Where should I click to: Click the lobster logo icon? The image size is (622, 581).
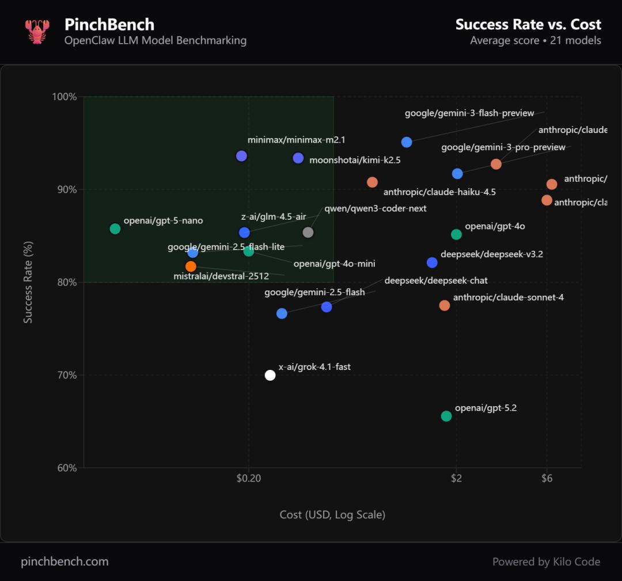click(37, 32)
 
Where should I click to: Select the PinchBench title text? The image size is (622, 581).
click(109, 25)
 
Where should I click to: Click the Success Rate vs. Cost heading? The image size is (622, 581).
click(528, 25)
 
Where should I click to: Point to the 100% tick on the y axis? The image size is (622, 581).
click(65, 97)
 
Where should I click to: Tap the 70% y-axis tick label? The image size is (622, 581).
click(66, 375)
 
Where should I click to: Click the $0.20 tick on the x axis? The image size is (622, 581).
click(248, 478)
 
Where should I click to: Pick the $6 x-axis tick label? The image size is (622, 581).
click(547, 478)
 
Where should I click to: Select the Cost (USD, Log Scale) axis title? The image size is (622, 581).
click(332, 515)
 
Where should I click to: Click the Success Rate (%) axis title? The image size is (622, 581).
click(28, 282)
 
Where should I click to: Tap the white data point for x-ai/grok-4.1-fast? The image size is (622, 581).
click(270, 375)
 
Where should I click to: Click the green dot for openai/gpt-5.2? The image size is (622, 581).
click(446, 416)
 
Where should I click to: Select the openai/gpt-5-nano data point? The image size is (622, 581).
click(115, 229)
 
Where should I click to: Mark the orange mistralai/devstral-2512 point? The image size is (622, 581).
click(191, 266)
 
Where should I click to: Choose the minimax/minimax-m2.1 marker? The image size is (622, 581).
click(241, 156)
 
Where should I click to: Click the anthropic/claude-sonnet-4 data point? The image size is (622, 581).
click(445, 305)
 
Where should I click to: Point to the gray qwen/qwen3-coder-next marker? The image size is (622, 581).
click(308, 232)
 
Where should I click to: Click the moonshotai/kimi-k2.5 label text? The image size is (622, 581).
click(355, 160)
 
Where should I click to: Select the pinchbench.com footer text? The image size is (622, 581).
click(65, 561)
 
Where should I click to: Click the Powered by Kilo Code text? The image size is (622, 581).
click(546, 561)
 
